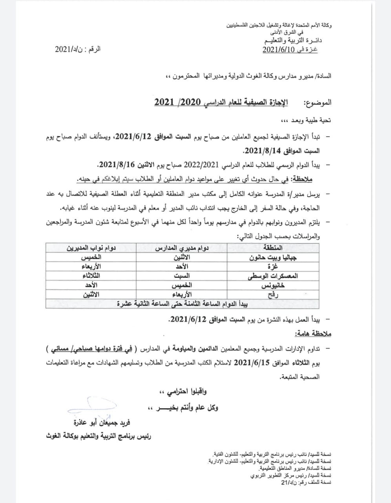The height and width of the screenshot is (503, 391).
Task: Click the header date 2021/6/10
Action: coord(278,50)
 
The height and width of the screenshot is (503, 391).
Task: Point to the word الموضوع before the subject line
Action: coord(318,103)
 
